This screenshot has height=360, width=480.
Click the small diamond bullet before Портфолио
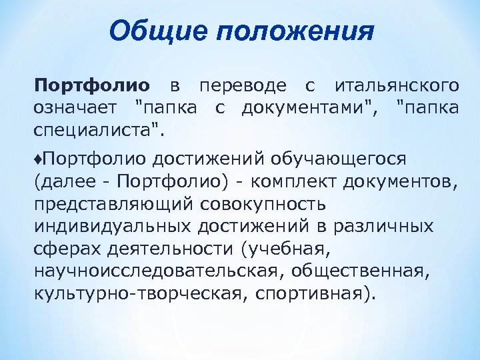[37, 159]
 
